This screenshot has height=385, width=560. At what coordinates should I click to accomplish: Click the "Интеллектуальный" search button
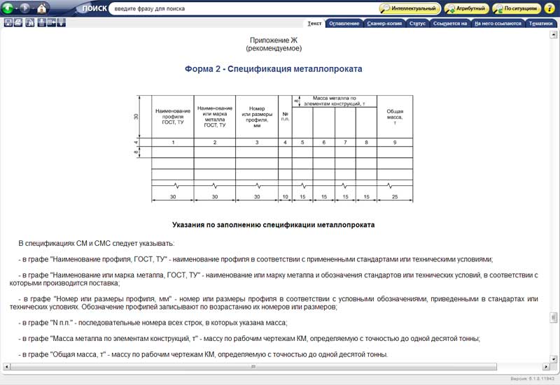[x=409, y=9]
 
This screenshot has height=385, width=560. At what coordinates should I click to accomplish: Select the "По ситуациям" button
[x=517, y=9]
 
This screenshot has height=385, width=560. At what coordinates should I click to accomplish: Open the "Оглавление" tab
[x=343, y=23]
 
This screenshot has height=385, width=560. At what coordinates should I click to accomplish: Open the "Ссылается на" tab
[x=450, y=23]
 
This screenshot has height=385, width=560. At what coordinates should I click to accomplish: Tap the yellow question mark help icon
[x=549, y=9]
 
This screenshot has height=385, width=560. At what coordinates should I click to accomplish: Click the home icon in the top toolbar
[x=41, y=9]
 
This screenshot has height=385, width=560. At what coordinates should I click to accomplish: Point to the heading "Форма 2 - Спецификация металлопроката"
[x=273, y=69]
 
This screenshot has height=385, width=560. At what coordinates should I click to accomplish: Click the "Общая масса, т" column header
[x=395, y=116]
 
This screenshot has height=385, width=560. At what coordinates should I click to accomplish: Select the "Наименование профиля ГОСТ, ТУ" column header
[x=173, y=116]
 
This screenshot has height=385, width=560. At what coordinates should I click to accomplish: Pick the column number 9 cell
[x=395, y=143]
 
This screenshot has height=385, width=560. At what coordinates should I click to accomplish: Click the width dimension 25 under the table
[x=395, y=198]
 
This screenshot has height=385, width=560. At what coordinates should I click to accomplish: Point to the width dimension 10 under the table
[x=285, y=198]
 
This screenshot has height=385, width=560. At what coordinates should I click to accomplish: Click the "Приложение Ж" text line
[x=274, y=41]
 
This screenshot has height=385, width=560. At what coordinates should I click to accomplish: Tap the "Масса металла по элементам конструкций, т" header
[x=334, y=101]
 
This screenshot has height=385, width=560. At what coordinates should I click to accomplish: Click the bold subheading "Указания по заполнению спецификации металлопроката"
[x=274, y=225]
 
